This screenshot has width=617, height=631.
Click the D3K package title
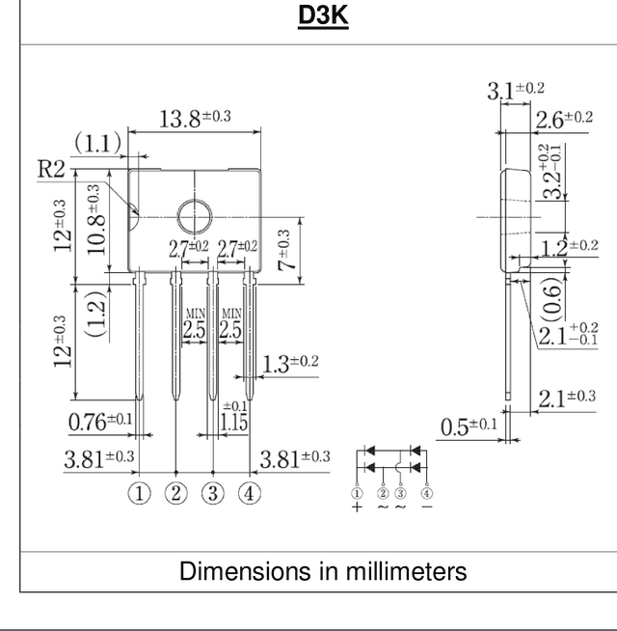(x=323, y=15)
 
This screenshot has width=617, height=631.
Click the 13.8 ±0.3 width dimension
(x=195, y=119)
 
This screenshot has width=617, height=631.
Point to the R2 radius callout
(x=51, y=169)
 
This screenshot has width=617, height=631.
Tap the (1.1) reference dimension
(x=97, y=143)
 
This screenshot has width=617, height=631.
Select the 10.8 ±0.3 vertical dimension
(x=96, y=219)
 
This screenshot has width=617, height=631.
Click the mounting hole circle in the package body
(x=195, y=217)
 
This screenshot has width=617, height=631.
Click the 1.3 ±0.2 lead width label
(x=290, y=364)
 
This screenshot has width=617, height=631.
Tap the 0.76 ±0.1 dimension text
(x=100, y=421)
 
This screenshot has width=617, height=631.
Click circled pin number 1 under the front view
(x=139, y=493)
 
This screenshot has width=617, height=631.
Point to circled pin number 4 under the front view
(x=250, y=493)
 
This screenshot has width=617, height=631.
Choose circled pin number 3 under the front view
(x=213, y=493)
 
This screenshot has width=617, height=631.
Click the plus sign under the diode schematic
(x=357, y=507)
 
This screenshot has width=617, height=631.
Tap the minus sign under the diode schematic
(x=427, y=507)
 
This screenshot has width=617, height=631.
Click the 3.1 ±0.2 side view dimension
(x=516, y=90)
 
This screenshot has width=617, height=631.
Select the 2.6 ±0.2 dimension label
(x=564, y=120)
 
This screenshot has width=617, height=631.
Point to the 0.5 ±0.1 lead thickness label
(x=469, y=426)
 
